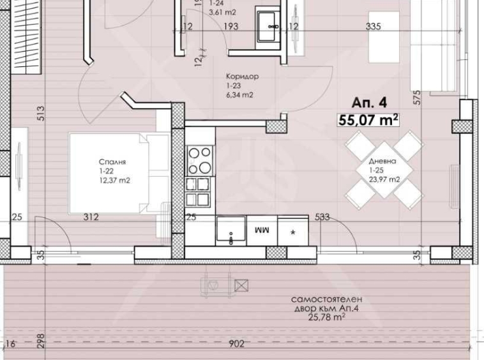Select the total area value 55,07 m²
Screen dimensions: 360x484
pos(369,119)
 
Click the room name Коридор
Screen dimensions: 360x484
pos(242,77)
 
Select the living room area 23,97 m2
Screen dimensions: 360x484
pos(384,180)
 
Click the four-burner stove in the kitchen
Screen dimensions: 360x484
pos(199,160)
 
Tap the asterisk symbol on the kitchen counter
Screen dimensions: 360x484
pos(293,232)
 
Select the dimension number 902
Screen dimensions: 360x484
pos(237,345)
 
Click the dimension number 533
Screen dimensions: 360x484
pos(322,217)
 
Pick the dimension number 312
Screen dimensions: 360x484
pos(91,217)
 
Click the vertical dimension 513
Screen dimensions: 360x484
pos(40,113)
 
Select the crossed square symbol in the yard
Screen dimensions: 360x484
pos(241,285)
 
